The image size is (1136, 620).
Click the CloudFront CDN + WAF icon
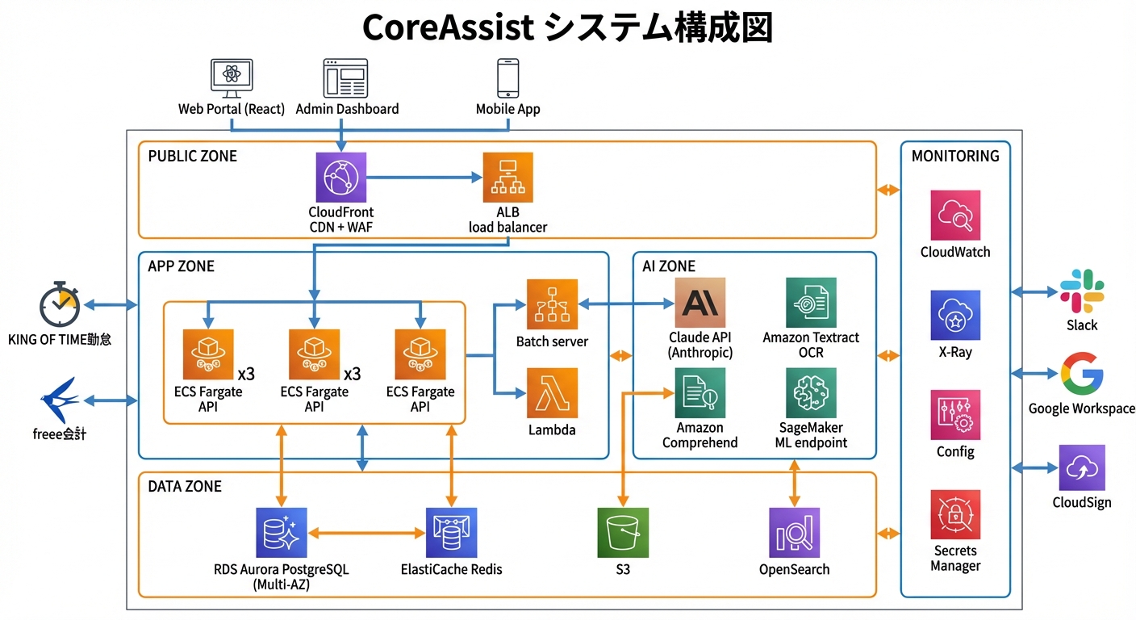click(340, 178)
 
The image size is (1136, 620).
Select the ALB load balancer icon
click(507, 178)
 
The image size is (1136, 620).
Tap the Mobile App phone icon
click(507, 78)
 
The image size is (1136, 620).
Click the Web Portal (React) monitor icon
click(232, 78)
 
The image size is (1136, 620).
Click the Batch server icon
click(552, 304)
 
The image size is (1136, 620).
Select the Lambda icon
click(552, 393)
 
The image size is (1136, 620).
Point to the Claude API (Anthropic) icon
click(700, 303)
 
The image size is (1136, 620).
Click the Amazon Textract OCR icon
click(811, 303)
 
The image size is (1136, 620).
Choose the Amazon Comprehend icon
click(700, 393)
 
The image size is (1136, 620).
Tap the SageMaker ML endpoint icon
click(811, 393)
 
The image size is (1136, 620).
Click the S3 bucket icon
click(622, 532)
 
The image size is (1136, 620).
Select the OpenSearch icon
click(794, 532)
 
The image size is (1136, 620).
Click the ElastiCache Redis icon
click(451, 532)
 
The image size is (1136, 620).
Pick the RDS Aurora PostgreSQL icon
click(281, 532)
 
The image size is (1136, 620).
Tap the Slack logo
click(1082, 291)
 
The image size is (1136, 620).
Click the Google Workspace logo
click(1082, 373)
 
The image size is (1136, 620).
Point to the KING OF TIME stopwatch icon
click(60, 305)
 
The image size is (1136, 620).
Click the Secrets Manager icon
click(955, 514)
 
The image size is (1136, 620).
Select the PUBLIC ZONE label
click(193, 156)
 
